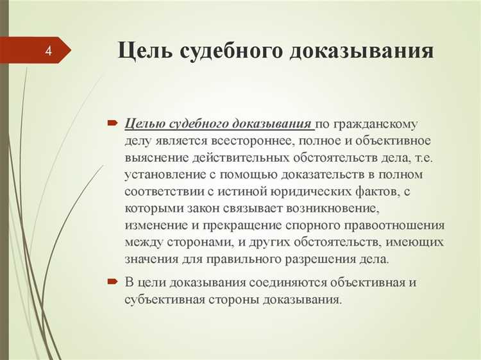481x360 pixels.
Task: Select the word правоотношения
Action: point(392,226)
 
